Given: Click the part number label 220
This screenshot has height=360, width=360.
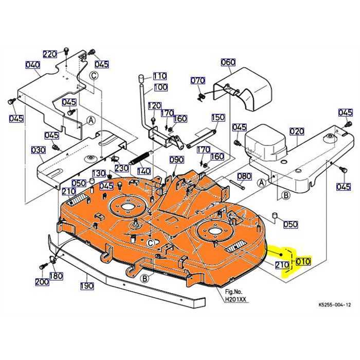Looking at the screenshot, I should pos(50,55).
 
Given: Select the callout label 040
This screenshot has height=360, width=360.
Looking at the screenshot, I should pos(32,65).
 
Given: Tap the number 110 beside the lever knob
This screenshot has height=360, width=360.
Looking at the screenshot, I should pos(159,76).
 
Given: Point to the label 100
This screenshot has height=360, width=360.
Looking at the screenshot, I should pos(160,87).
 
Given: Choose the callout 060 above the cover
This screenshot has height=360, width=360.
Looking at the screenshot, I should pos(228,62).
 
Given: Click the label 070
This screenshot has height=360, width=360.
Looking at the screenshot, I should pos(197,81).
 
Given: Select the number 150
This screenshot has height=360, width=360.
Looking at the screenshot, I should pos(218,118).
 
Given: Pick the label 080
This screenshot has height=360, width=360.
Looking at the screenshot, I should pos(244,176).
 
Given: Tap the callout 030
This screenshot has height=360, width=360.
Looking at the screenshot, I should pos(39,150).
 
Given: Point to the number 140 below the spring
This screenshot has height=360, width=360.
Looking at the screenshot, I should pos(143,171).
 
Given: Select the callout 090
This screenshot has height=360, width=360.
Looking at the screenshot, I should pos(176,159).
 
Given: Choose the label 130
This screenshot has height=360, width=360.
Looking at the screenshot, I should pos(99,173).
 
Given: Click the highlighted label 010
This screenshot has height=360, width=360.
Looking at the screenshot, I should pos(303,261).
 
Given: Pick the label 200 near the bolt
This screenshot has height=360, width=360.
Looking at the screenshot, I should pos(42,282).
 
